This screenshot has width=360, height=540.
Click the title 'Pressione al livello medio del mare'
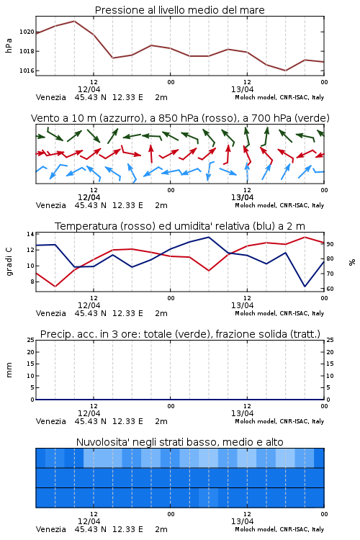point(179,10)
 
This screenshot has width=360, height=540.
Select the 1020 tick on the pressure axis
point(27,32)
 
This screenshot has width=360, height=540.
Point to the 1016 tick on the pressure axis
point(27,71)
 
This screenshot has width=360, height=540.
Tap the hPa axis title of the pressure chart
point(9,46)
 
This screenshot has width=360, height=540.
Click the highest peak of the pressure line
point(74,21)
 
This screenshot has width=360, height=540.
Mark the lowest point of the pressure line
point(285,71)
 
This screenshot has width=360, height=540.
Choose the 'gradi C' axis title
point(9,262)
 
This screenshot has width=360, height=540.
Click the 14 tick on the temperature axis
point(30,234)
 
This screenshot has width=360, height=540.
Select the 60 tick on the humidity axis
point(330,289)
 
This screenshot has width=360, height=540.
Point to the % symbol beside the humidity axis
point(352,262)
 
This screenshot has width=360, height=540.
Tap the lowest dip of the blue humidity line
point(305,286)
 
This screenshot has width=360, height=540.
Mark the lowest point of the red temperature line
point(55,287)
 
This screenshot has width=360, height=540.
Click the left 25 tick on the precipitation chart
point(31,341)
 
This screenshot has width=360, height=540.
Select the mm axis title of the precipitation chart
point(9,370)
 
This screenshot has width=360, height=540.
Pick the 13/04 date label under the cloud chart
point(242,521)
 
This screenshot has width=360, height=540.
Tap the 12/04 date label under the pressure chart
point(89,89)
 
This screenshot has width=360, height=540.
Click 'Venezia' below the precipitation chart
point(50,421)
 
